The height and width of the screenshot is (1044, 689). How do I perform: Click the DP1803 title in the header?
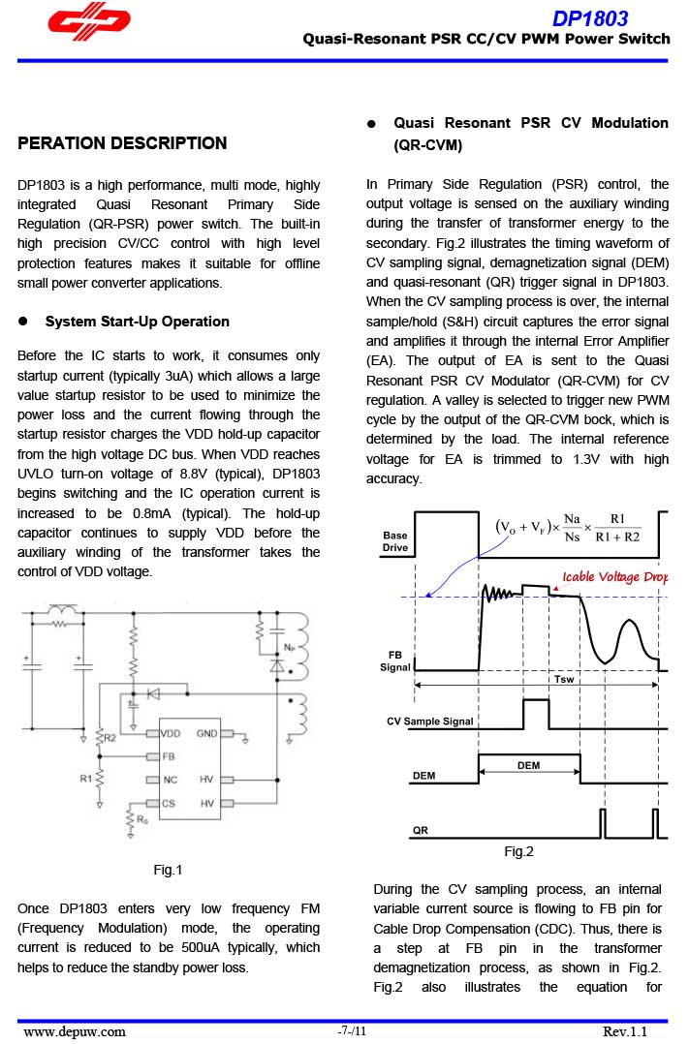click(x=590, y=18)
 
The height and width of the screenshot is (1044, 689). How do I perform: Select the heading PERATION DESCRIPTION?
click(x=122, y=143)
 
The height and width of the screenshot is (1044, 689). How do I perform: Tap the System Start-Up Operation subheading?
click(x=138, y=322)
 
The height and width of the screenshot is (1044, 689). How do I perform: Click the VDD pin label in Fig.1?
click(x=171, y=734)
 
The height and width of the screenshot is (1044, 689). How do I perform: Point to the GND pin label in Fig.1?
click(x=207, y=734)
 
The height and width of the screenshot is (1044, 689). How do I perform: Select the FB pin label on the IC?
click(x=169, y=756)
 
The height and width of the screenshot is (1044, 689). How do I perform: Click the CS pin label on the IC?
click(x=169, y=803)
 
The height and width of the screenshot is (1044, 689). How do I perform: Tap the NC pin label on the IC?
click(x=170, y=780)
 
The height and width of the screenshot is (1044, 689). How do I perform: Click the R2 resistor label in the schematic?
click(x=110, y=738)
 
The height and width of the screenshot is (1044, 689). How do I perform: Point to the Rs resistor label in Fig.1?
click(x=141, y=819)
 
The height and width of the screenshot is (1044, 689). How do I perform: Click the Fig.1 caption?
click(x=168, y=870)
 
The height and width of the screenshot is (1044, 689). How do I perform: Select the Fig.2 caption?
click(x=518, y=851)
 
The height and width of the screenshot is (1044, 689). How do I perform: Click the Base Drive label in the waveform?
click(x=395, y=541)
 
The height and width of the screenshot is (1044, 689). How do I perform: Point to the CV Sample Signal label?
click(x=430, y=722)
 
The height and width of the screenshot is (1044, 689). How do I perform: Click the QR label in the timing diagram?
click(x=421, y=830)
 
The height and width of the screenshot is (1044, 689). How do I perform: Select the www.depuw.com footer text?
click(x=75, y=1031)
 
